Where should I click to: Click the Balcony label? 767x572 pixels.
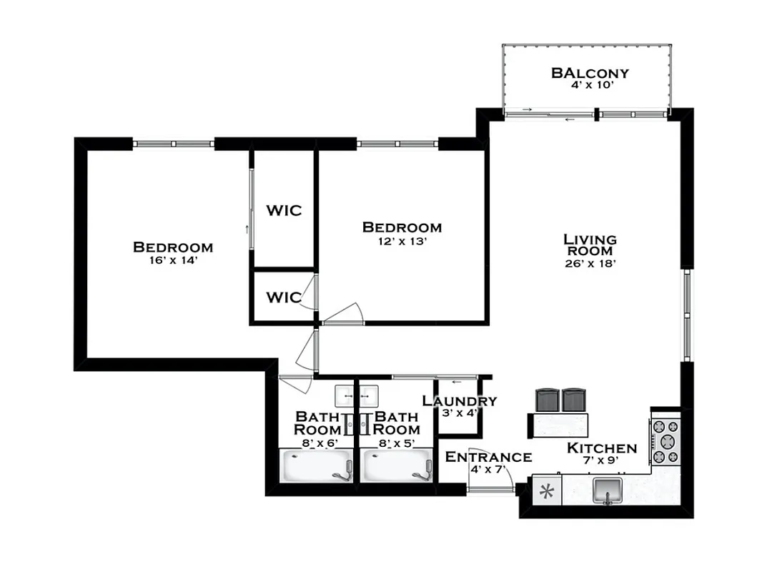[590, 73]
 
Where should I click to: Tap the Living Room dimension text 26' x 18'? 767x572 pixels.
[590, 263]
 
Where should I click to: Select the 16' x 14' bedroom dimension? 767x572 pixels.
[173, 261]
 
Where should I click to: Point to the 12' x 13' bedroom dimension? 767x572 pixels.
[402, 241]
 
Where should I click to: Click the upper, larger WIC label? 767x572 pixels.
[284, 211]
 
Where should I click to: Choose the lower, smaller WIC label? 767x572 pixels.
[284, 297]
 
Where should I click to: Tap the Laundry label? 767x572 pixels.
[459, 401]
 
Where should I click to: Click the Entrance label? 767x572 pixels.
[488, 458]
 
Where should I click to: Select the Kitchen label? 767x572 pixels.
[601, 448]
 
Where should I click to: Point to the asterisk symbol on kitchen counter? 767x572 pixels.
[548, 491]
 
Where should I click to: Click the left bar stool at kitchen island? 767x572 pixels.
[548, 400]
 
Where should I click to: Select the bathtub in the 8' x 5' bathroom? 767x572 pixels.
[397, 465]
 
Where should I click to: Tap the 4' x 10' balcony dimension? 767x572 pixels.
[590, 85]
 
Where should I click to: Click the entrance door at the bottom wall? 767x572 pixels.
[491, 489]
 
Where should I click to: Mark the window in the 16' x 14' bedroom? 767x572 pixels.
[174, 144]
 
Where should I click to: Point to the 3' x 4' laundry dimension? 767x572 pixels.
[459, 413]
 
